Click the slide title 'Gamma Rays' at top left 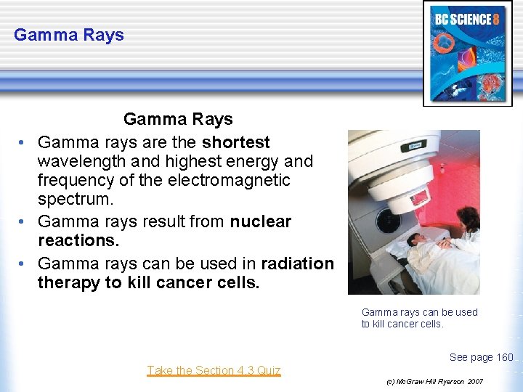[x=69, y=35]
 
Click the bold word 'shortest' [x=236, y=142]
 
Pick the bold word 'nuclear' [x=261, y=221]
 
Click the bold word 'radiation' [x=298, y=264]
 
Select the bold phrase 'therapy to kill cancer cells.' [x=148, y=282]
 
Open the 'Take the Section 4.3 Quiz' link [x=214, y=370]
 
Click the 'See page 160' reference [x=481, y=356]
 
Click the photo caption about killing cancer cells [x=419, y=318]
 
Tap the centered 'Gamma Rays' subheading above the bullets [x=178, y=119]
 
